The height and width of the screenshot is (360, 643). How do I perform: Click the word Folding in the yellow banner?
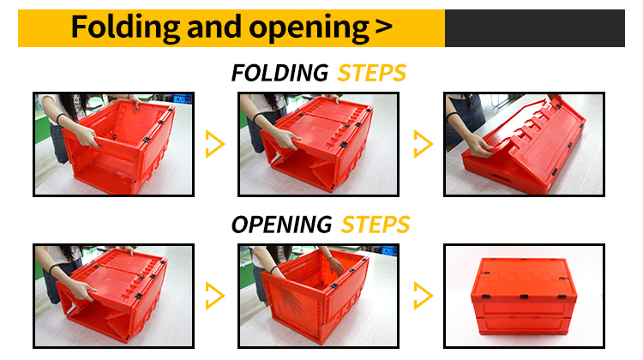125,28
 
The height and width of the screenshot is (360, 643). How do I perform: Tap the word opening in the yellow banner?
309,28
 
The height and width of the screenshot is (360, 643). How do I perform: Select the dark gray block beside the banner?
535,28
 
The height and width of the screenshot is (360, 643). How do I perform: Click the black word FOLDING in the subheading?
279,73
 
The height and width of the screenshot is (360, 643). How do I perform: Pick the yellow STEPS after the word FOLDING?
371,73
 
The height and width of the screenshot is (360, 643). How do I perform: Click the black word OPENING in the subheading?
282,225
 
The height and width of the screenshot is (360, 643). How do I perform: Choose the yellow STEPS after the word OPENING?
376,225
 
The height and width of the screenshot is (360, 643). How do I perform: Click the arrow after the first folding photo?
215,144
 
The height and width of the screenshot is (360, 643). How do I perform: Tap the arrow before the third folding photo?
424,144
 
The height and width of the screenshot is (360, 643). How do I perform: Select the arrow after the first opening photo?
215,295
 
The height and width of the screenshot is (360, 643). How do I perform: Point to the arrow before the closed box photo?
424,295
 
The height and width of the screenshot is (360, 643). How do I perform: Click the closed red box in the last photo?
524,296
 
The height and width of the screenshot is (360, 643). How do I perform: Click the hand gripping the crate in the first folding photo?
87,135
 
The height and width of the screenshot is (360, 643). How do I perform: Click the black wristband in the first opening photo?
56,268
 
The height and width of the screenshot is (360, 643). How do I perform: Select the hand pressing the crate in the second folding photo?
285,140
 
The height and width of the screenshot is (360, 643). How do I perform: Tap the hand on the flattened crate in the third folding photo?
479,146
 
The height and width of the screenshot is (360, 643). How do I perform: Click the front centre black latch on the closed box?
524,297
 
